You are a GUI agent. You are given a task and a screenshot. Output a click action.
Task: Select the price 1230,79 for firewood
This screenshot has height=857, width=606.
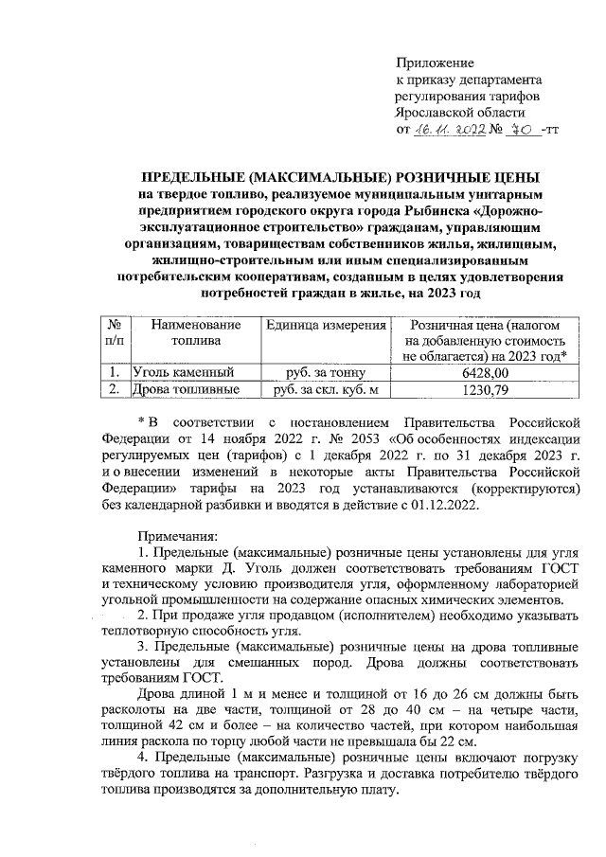click(485, 389)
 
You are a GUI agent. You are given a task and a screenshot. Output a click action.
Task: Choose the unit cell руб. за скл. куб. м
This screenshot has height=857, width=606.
click(325, 389)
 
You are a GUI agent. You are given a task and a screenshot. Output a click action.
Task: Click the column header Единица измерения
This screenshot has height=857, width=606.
click(325, 325)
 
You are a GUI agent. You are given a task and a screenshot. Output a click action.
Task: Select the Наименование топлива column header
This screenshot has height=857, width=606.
click(194, 332)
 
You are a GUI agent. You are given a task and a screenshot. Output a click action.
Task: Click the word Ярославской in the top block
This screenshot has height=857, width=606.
click(437, 112)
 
